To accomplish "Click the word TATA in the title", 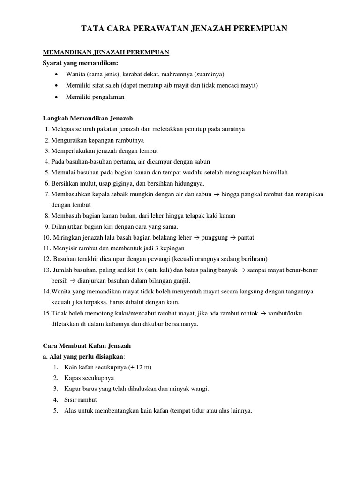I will click(x=93, y=29).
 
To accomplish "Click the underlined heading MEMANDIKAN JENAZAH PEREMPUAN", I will click(x=106, y=53).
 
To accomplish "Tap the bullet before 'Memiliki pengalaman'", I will click(x=56, y=97).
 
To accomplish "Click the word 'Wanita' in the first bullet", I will click(x=75, y=75).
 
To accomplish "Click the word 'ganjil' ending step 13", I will click(x=180, y=281).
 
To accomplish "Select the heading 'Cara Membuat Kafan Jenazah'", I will click(x=87, y=346).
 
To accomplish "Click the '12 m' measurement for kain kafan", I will click(x=143, y=367).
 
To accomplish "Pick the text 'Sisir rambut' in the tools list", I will click(x=81, y=400).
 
